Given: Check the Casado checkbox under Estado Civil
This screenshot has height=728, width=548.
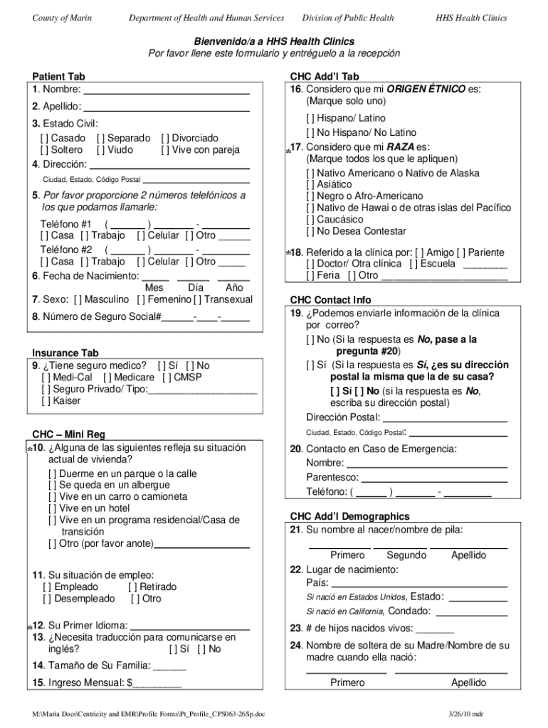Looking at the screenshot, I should coord(46,138).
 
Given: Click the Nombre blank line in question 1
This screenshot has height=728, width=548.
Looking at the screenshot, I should coord(167,90).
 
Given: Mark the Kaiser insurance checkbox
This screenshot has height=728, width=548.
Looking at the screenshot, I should coord(46,401).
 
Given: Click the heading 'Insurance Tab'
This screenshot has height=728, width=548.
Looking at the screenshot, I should coord(65,353).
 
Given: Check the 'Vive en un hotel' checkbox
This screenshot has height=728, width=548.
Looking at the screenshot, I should coord(53,508).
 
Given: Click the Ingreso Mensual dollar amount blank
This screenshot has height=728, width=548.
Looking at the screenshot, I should coord(157,683).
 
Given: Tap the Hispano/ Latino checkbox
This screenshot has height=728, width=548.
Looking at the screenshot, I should coord(311,118).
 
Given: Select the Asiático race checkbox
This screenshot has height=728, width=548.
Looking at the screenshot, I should coord(311,185).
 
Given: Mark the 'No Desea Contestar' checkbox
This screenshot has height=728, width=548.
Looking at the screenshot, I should coord(311,231).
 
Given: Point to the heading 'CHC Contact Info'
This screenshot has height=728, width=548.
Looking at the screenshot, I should coord(330,300).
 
